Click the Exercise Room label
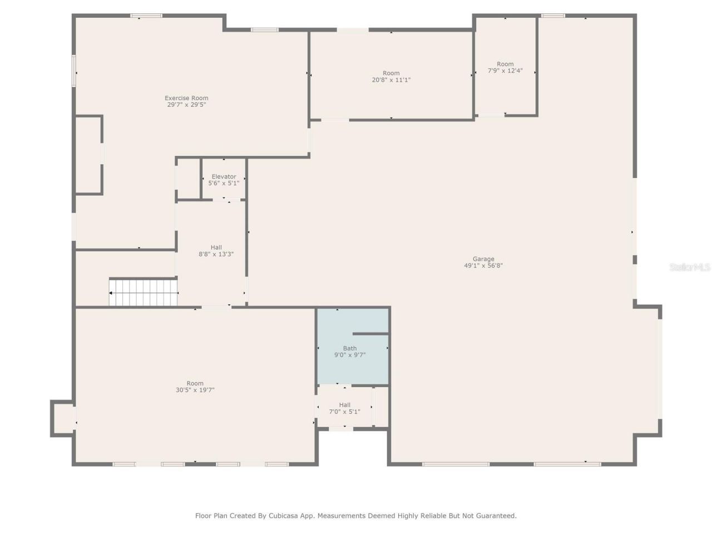pos(186,98)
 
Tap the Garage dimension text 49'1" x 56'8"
pos(483,266)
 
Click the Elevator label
pos(224,176)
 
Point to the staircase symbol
pos(144,293)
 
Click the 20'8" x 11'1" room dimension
pos(391,80)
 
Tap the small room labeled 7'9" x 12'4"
pos(505,67)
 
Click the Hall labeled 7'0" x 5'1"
pos(344,408)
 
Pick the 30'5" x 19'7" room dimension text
pos(195,390)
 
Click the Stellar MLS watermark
pos(690,268)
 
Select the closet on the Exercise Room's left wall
pos(88,155)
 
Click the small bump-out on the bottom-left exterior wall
pos(62,418)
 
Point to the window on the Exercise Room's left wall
pos(73,71)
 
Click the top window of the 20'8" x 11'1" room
pos(352,30)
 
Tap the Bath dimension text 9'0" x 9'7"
pos(350,355)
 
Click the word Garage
pos(483,259)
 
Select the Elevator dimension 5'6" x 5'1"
pos(224,183)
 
